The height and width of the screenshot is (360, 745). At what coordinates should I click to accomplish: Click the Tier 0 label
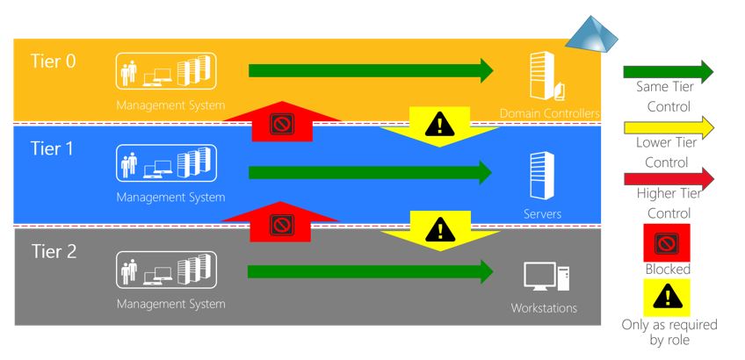[x=54, y=61]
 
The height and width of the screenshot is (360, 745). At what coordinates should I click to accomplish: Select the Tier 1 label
[x=52, y=148]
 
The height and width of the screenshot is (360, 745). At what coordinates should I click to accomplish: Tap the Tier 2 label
[x=54, y=251]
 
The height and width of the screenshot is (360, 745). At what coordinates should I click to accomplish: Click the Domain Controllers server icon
[x=546, y=76]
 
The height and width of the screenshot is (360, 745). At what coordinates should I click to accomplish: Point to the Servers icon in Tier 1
[x=542, y=176]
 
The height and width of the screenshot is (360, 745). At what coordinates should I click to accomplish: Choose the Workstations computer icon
[x=546, y=276]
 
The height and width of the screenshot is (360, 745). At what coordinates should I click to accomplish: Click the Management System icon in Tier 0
[x=166, y=71]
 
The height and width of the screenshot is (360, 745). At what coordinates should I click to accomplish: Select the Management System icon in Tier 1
[x=166, y=163]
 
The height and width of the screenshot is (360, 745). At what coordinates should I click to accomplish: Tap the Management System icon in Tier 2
[x=166, y=270]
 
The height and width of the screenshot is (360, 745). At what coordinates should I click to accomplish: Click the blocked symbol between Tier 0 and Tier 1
[x=282, y=125]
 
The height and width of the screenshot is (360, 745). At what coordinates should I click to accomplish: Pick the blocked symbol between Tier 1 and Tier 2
[x=282, y=225]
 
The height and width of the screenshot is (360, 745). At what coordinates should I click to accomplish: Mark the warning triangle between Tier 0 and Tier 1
[x=440, y=125]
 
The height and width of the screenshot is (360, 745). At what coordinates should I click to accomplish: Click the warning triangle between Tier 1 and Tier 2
[x=440, y=229]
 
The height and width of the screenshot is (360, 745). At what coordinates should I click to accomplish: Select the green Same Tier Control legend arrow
[x=669, y=72]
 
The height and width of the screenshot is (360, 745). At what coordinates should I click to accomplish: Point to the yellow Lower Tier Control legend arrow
[x=669, y=127]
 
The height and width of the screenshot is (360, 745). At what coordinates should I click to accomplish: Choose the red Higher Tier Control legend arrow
[x=669, y=178]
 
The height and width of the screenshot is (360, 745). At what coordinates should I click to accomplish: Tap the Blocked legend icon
[x=667, y=242]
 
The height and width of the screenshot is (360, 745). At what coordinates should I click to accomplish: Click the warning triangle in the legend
[x=667, y=297]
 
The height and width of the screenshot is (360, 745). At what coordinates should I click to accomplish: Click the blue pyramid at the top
[x=591, y=34]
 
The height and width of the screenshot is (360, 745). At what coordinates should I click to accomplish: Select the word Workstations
[x=544, y=308]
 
